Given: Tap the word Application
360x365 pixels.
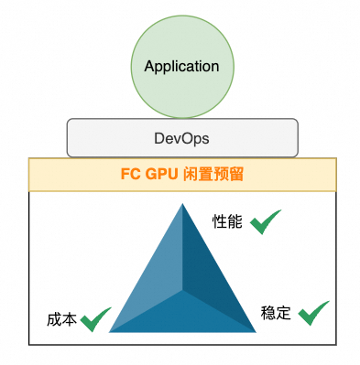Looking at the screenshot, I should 181,67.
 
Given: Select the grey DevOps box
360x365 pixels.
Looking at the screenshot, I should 181,137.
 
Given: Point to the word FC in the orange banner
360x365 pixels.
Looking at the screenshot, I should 132,173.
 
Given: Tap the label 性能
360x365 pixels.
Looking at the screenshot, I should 227,221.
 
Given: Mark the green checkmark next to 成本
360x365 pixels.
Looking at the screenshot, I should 95,319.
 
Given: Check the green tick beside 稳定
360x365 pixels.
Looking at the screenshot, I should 313,312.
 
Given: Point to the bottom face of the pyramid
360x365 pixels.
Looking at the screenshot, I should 182,316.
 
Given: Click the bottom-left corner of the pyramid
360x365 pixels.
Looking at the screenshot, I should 110,331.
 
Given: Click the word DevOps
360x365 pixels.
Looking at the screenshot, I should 181,137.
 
